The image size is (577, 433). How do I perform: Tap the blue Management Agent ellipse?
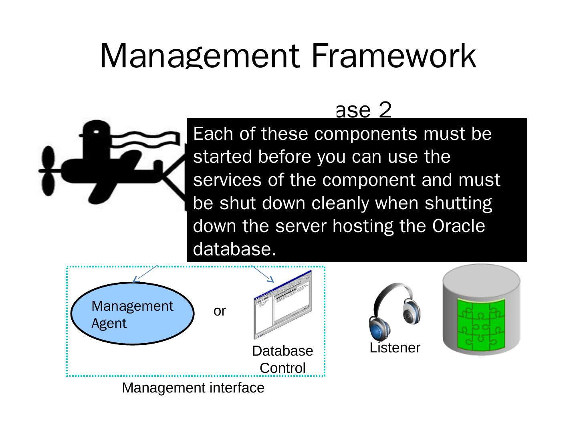pos(132,314)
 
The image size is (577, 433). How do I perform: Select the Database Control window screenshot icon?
pos(282,305)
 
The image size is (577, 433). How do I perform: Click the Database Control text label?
pos(282,359)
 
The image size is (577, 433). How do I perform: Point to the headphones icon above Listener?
pos(394,311)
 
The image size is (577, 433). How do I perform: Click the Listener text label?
pos(395,348)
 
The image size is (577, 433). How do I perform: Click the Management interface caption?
pos(193,388)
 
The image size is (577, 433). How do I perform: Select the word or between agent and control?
pos(220,311)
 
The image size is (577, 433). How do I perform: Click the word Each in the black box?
pos(213,134)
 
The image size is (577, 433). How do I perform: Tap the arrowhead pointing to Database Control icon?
pos(271,279)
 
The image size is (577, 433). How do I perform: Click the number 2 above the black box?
pos(385,110)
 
